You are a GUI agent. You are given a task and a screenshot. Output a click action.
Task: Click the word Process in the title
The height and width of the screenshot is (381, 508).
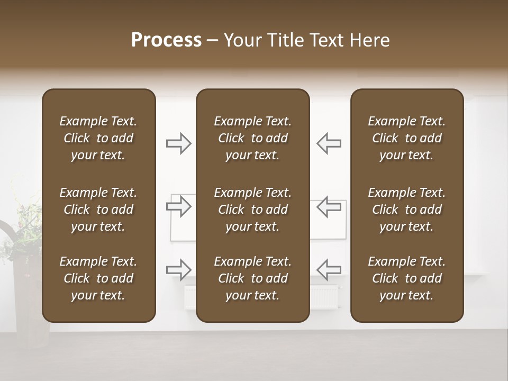click(x=166, y=40)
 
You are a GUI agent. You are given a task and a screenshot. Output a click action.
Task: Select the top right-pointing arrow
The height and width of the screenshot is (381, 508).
click(x=179, y=143)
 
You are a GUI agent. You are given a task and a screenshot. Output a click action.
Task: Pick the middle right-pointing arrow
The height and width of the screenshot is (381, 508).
click(x=179, y=206)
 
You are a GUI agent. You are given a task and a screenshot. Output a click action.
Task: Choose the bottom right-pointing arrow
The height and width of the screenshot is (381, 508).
click(x=179, y=269)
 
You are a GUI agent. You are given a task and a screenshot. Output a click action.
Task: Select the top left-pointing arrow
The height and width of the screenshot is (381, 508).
click(x=329, y=143)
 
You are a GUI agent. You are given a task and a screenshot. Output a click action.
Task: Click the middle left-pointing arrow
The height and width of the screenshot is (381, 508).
click(x=329, y=206)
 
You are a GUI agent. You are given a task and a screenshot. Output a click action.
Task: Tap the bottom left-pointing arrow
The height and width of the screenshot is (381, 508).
click(x=329, y=269)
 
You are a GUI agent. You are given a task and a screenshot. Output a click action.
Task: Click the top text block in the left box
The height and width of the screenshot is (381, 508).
click(x=98, y=138)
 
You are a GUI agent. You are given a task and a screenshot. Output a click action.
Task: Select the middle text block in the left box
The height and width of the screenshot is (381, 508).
click(x=98, y=210)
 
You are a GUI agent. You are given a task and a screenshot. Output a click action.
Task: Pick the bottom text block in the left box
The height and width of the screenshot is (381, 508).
click(x=98, y=278)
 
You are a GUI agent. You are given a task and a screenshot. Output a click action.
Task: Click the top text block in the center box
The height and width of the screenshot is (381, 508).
click(x=253, y=138)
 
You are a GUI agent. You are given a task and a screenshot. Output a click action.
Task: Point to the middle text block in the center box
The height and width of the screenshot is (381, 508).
click(x=253, y=210)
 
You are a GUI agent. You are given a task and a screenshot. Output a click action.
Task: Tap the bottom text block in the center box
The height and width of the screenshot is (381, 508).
click(x=253, y=278)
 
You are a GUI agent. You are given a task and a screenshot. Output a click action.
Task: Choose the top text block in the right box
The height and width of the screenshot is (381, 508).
click(x=407, y=138)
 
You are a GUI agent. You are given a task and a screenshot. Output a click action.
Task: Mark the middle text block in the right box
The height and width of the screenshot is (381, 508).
click(x=407, y=210)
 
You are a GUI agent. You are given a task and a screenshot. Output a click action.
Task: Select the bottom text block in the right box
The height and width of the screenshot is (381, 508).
click(x=407, y=278)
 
